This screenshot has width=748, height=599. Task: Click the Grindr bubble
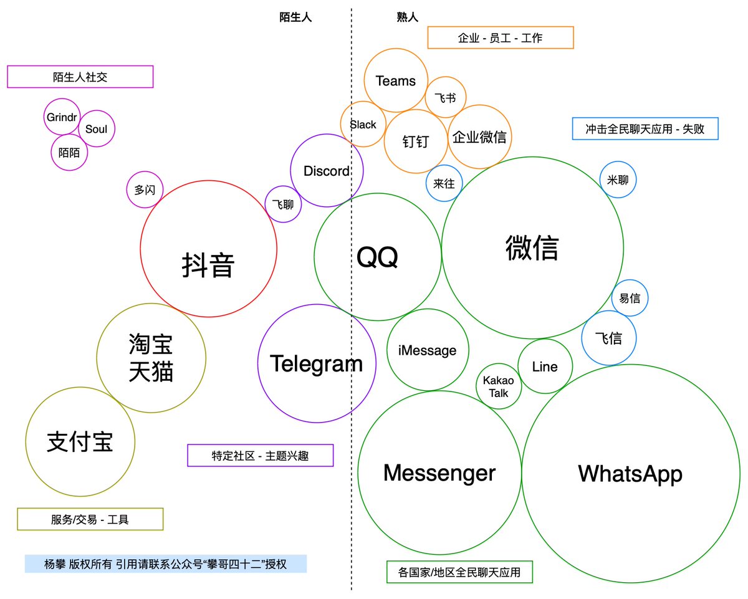62,117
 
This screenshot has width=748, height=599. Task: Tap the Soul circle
97,130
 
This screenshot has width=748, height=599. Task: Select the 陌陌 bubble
69,152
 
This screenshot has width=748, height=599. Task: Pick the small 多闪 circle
145,190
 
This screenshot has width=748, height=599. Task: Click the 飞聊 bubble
283,203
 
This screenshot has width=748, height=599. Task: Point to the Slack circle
363,125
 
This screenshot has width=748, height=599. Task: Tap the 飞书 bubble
445,98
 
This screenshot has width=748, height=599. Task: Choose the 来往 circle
444,183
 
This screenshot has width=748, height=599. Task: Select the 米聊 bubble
618,180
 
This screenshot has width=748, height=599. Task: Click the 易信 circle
630,298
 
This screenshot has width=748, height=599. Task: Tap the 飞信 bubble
608,338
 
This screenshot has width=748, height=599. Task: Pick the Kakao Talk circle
499,386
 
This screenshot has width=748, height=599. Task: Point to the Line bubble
545,367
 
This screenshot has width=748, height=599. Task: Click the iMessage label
427,350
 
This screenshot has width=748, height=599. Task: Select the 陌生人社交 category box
80,77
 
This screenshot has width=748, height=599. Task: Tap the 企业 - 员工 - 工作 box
500,37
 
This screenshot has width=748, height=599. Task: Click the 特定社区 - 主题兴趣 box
261,455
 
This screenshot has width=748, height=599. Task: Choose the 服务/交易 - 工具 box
90,519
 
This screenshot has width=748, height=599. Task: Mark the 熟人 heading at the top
407,17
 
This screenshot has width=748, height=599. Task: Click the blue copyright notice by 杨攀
165,564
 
